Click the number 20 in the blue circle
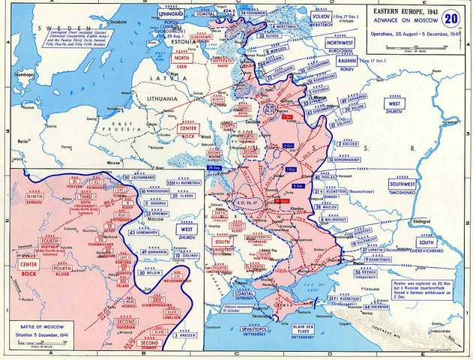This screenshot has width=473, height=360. tap(450, 18)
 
